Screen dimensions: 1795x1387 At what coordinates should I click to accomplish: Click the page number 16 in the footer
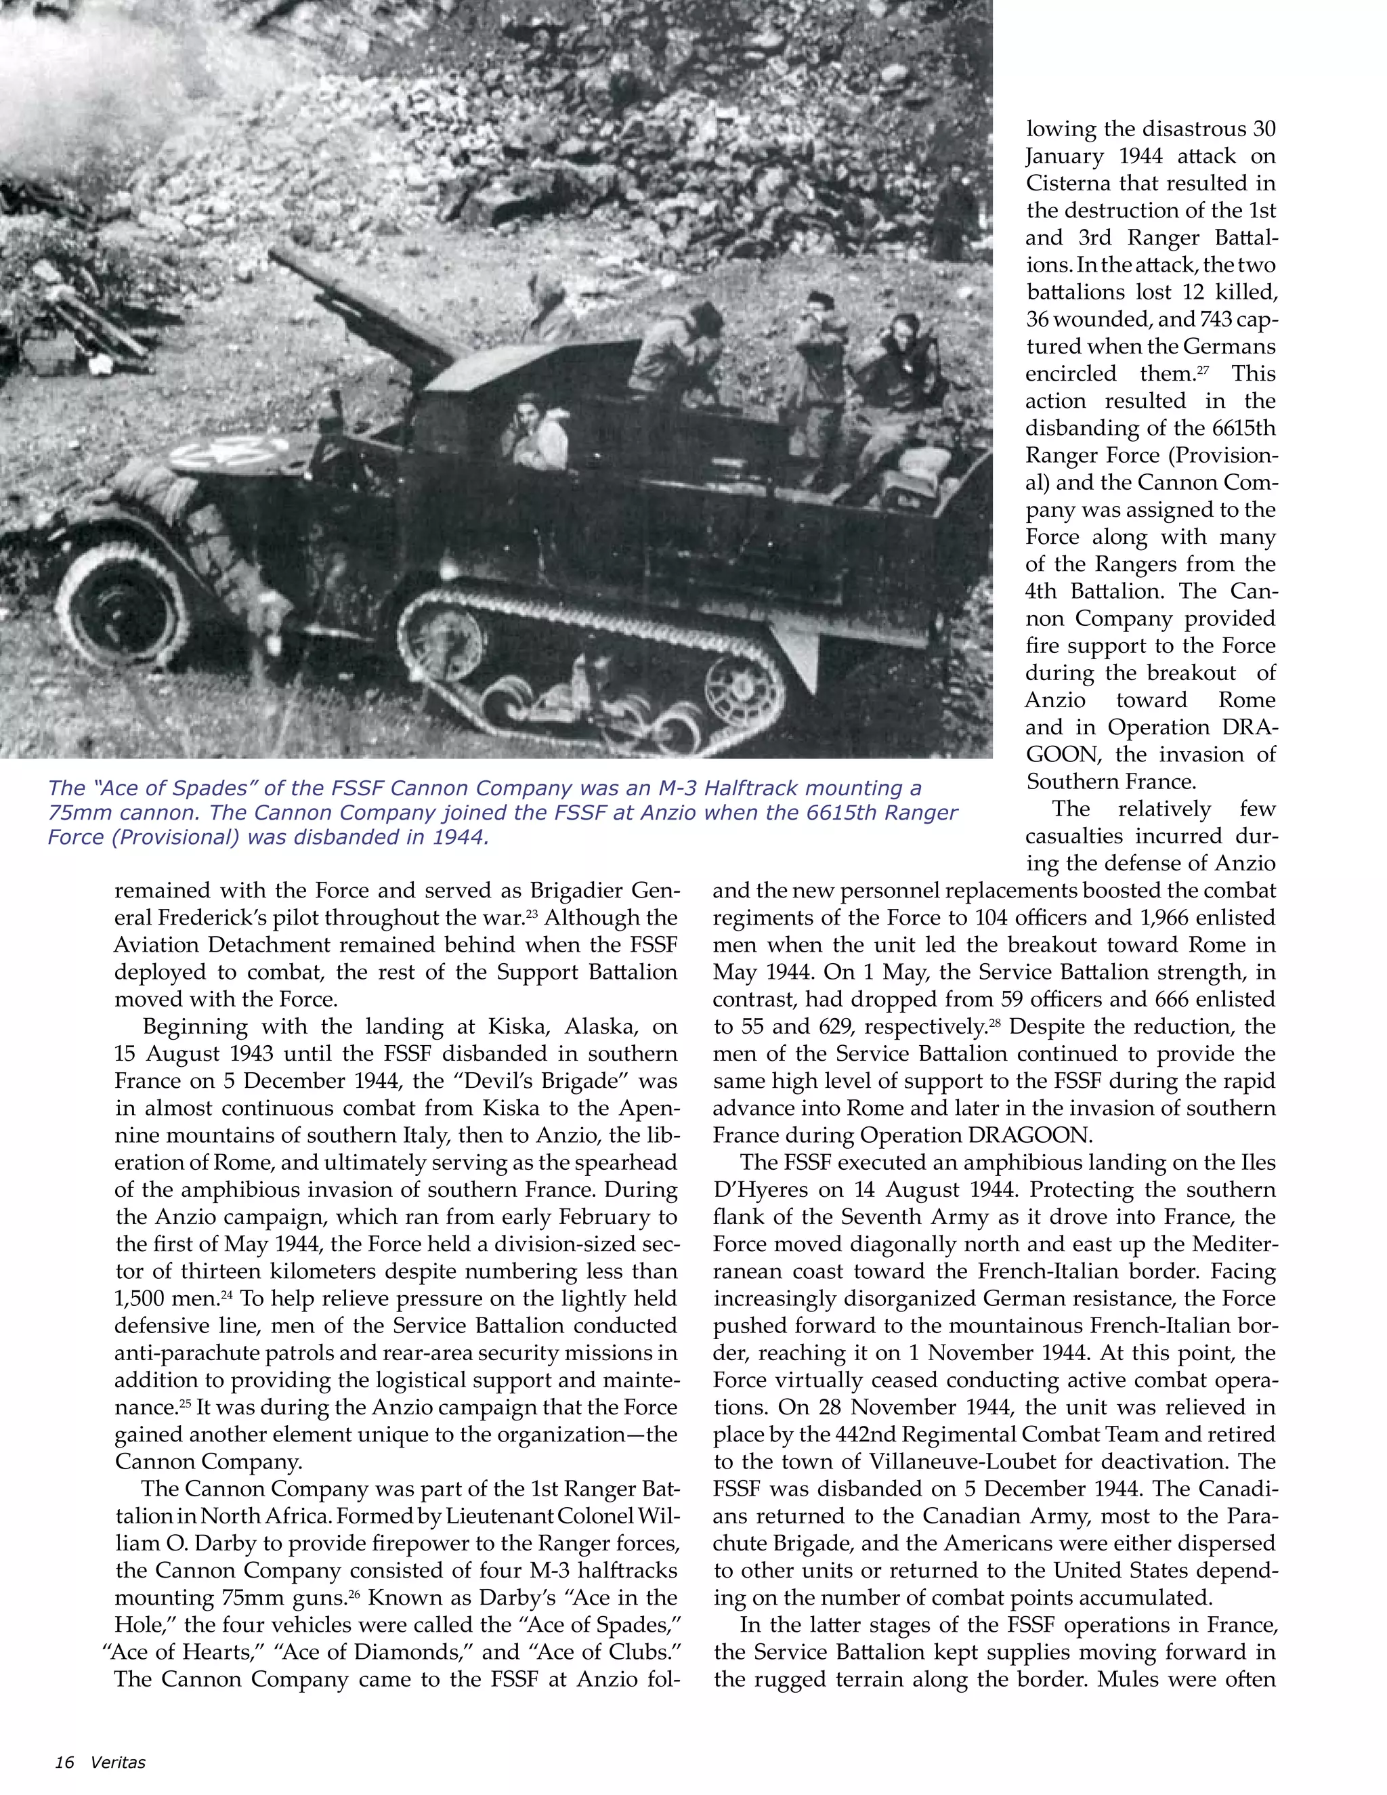(x=64, y=1762)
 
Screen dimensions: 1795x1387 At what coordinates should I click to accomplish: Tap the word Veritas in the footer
(x=119, y=1762)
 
